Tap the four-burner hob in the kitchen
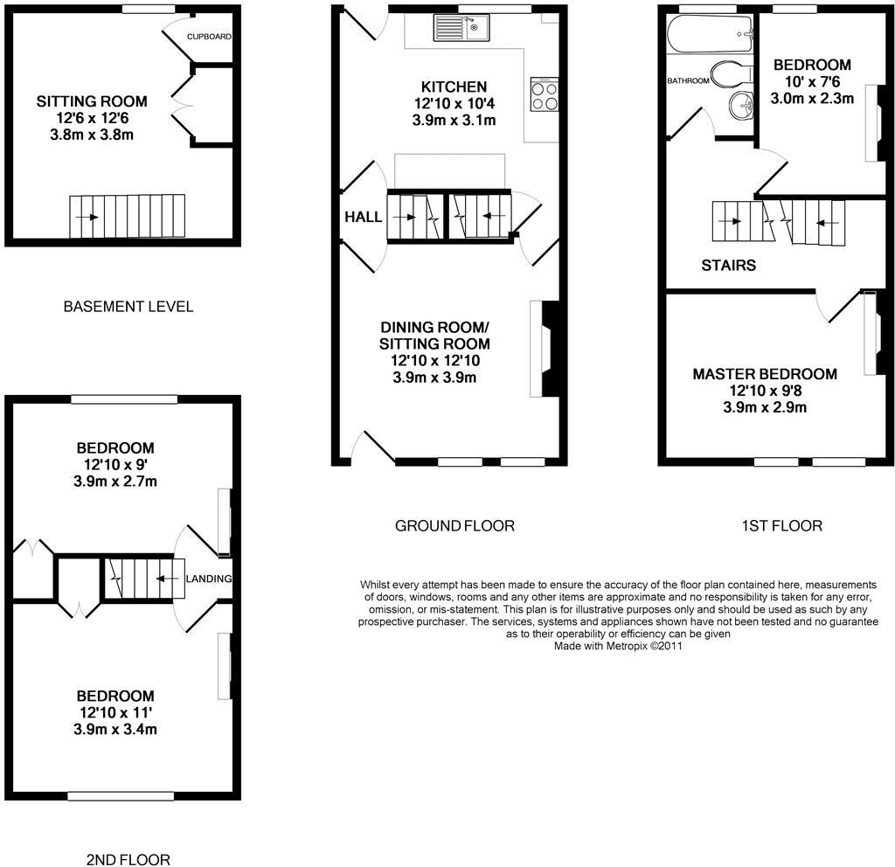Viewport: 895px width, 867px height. tap(545, 94)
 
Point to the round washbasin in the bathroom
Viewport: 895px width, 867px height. tap(742, 106)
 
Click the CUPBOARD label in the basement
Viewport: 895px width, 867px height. tap(208, 37)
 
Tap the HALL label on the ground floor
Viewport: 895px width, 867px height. tap(363, 217)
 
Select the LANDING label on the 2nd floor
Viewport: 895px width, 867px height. tap(210, 579)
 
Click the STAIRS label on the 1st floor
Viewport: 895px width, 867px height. tap(728, 265)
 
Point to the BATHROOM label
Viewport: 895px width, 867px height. tap(688, 81)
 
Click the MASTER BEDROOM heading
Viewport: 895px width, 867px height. tap(765, 374)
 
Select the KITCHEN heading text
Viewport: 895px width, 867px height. tap(454, 87)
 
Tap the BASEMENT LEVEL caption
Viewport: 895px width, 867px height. tap(128, 307)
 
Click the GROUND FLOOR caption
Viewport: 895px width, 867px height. tap(454, 525)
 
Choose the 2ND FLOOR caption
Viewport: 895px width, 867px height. tap(128, 859)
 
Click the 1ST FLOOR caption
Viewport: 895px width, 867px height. tap(781, 525)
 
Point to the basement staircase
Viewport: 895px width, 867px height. tap(128, 216)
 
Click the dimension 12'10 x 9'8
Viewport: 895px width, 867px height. tap(765, 391)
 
